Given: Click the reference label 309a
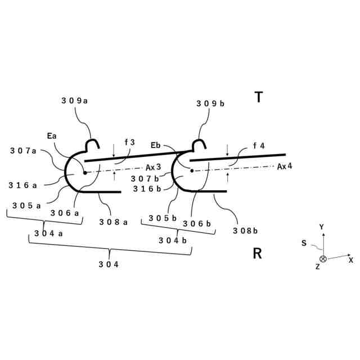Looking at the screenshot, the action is (75, 101).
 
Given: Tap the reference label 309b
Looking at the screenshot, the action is (210, 103).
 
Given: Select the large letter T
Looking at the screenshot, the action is (258, 97).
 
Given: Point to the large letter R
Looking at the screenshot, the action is (257, 254).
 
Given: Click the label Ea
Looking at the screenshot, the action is (52, 136).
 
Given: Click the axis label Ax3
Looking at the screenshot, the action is (154, 167).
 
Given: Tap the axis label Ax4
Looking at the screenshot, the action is (285, 166).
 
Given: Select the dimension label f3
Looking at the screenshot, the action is (129, 143).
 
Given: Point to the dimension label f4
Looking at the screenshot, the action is (259, 146).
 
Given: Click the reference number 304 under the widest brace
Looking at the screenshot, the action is (108, 264).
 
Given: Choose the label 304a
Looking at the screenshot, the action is (48, 233).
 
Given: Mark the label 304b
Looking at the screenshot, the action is (172, 240).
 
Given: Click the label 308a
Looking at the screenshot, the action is (113, 222).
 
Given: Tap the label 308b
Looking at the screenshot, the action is (245, 230).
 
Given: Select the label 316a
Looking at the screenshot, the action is (23, 185).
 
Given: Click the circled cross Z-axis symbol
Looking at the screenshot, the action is (323, 259).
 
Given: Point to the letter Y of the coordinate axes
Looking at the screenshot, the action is (322, 227).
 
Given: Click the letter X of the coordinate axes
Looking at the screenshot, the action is (350, 260).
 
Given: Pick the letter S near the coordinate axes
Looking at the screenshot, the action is (304, 243).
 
